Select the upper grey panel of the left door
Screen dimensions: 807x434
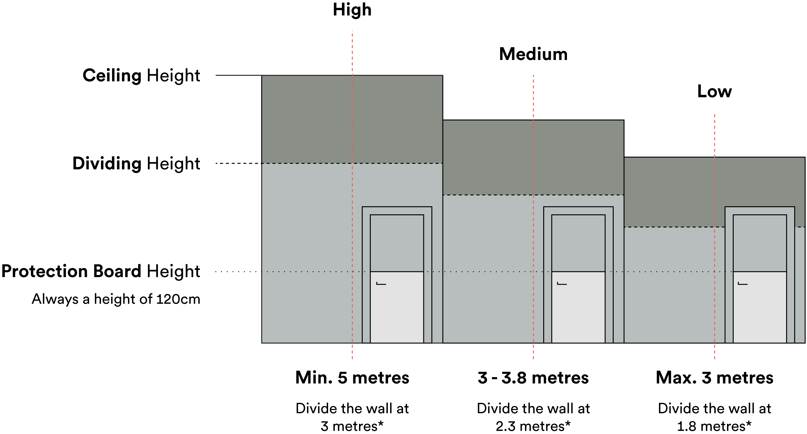coord(397,243)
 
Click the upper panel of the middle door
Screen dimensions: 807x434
coord(578,243)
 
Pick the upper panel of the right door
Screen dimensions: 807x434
coord(760,243)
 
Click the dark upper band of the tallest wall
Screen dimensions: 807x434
coord(307,119)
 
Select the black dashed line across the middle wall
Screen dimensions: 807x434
coord(489,195)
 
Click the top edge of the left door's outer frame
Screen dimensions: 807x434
coord(397,207)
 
